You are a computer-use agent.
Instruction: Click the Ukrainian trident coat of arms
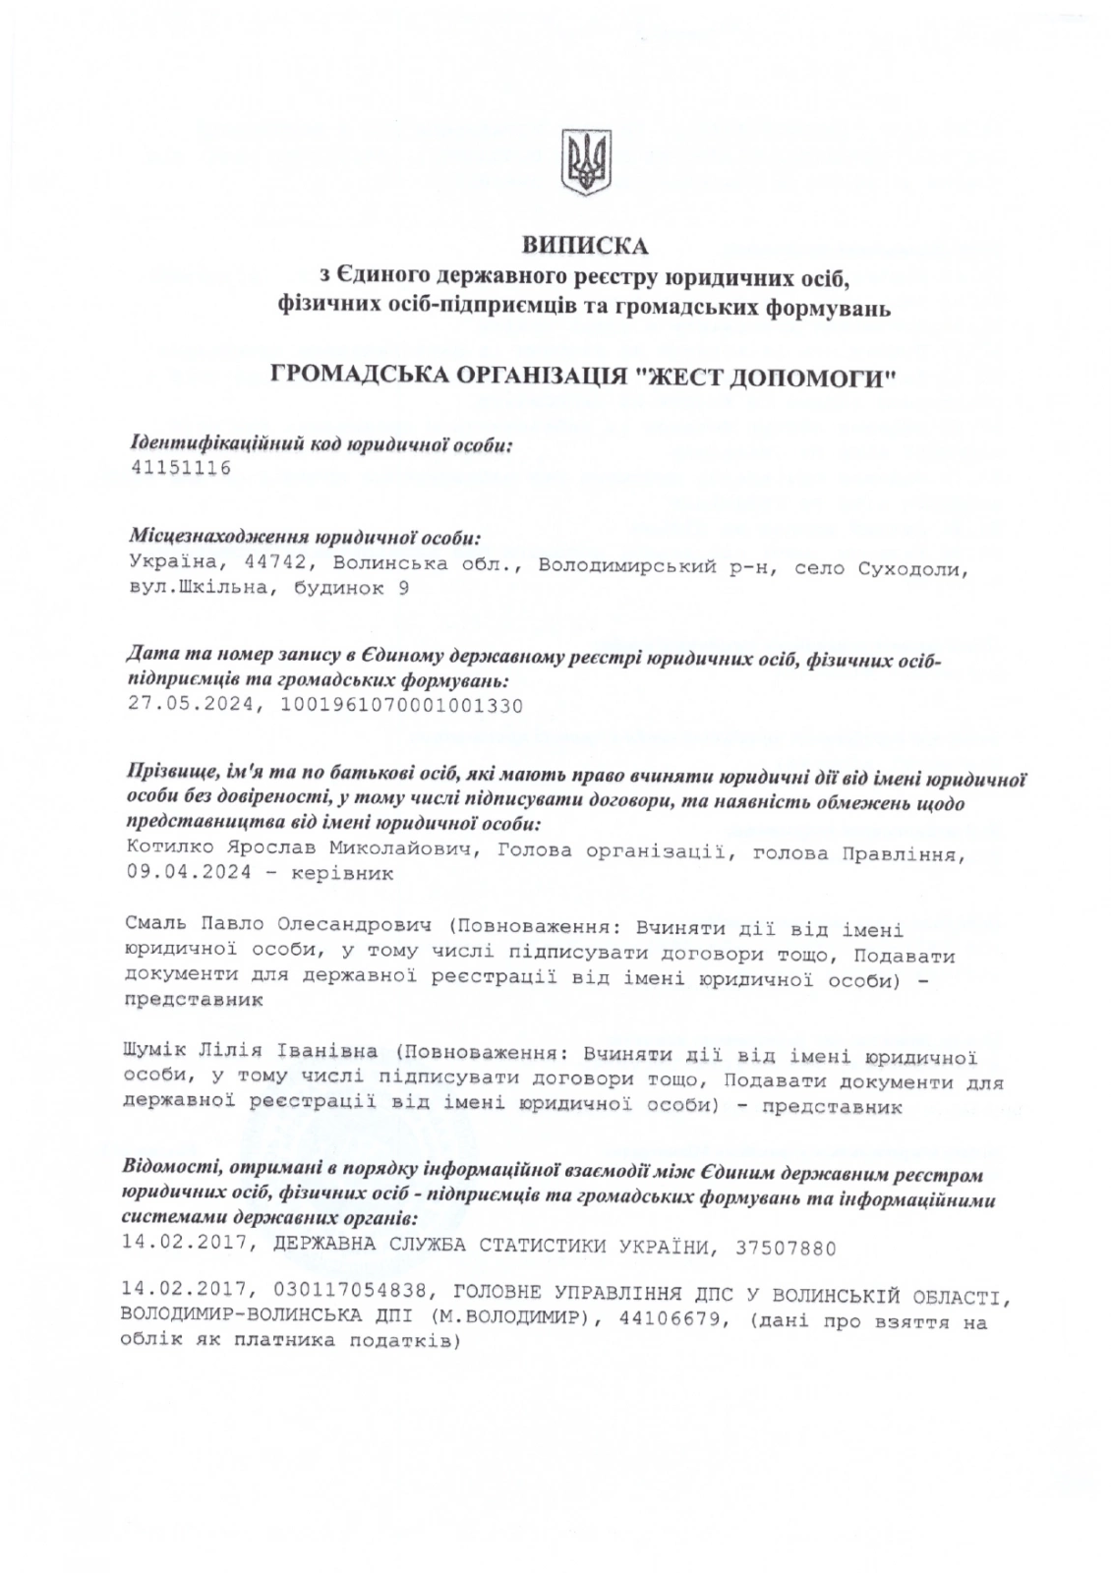585,162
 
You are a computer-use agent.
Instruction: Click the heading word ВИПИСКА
585,244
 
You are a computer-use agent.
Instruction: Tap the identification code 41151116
180,468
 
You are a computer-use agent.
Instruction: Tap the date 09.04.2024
188,873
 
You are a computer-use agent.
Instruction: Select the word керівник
343,873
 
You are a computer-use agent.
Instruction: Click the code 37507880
784,1250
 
